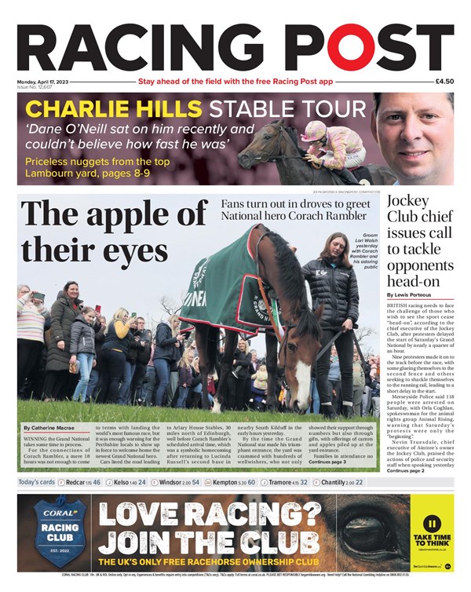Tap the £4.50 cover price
click(x=444, y=82)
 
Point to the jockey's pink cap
click(x=315, y=127)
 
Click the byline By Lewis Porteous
click(x=409, y=294)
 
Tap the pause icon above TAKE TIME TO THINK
click(x=431, y=524)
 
